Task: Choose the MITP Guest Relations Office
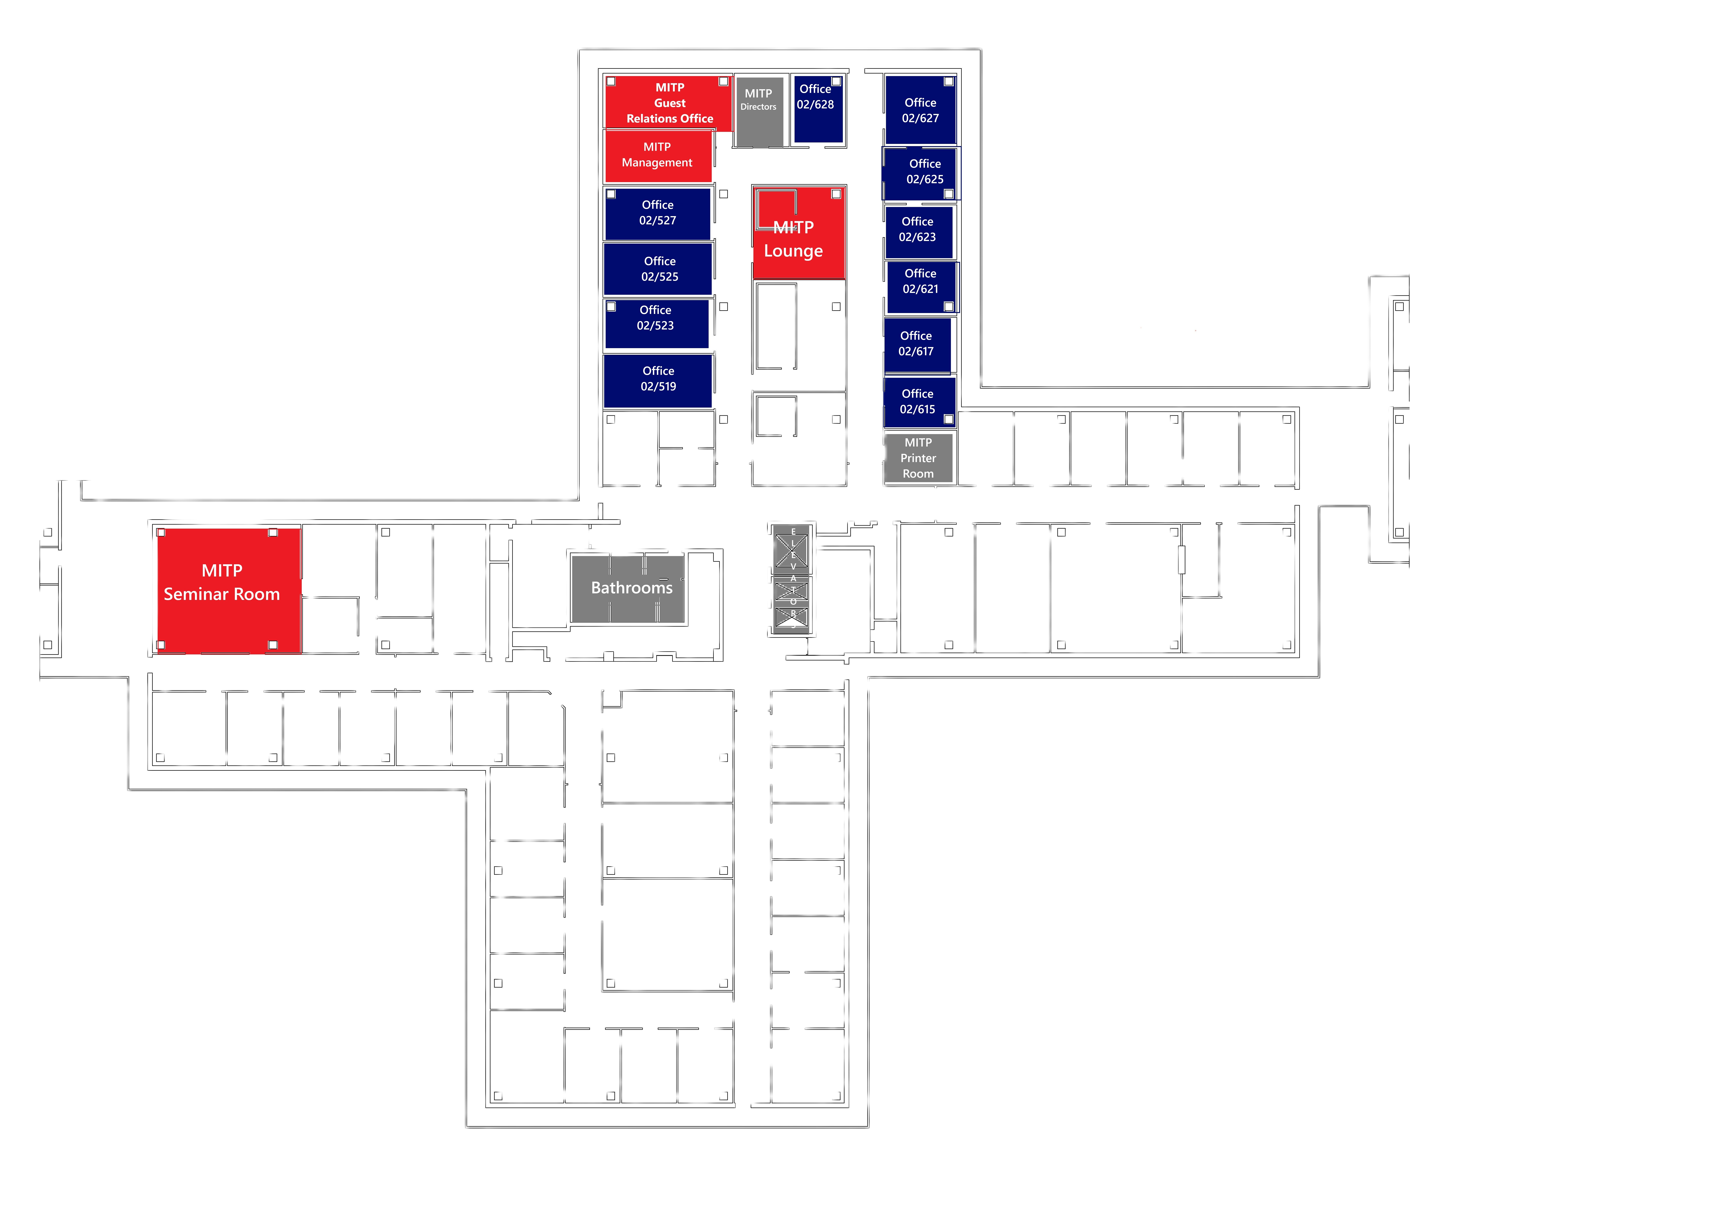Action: coord(669,103)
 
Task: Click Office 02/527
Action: coord(658,213)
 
